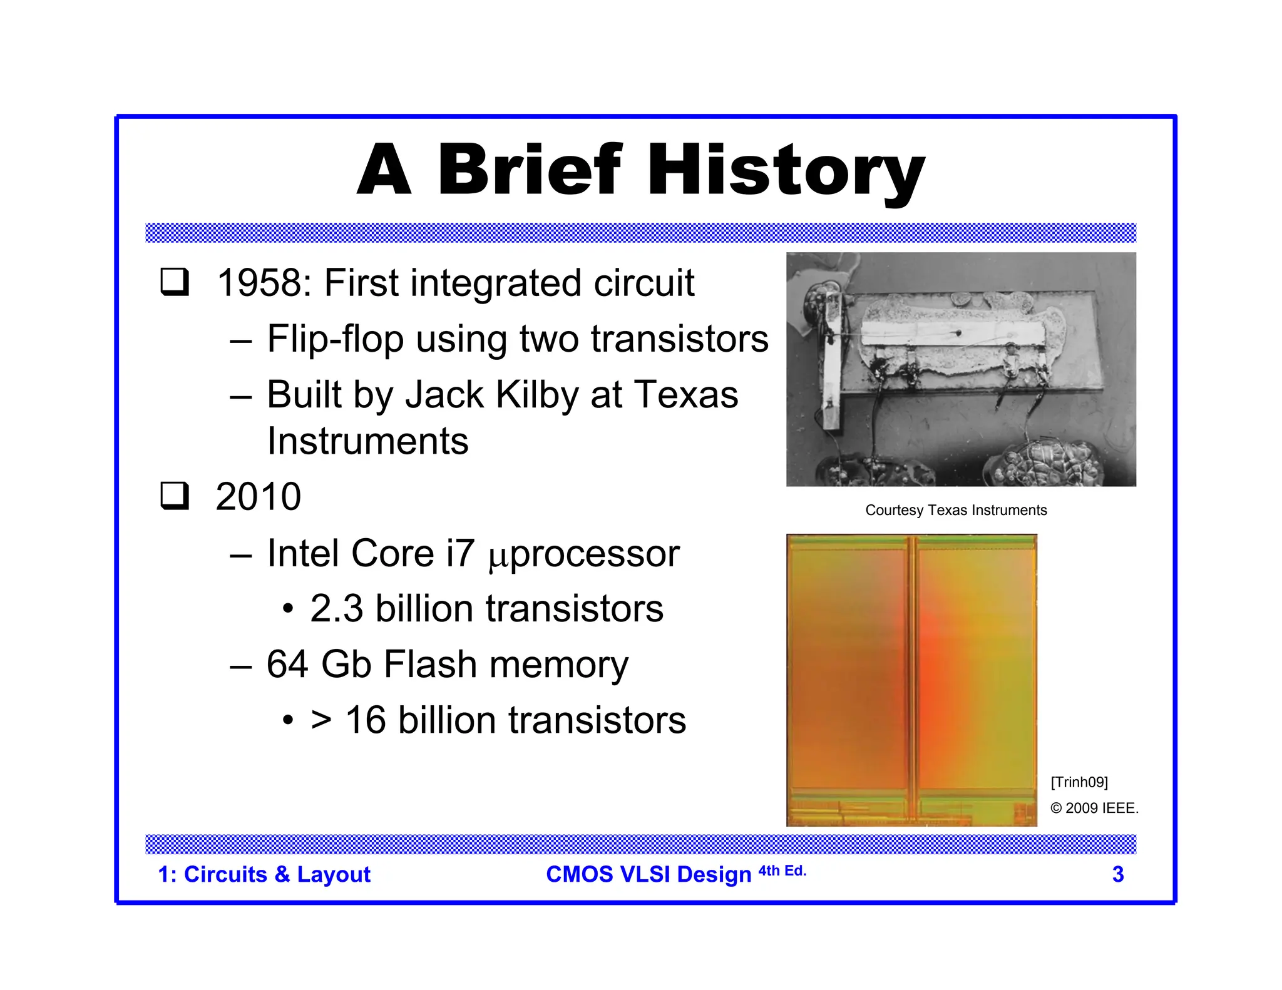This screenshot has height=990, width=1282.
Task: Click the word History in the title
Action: click(786, 170)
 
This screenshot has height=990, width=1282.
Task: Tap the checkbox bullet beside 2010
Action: click(175, 496)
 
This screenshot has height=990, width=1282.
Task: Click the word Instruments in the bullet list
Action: click(367, 441)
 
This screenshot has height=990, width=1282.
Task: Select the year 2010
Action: click(258, 497)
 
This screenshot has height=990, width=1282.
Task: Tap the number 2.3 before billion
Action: click(336, 609)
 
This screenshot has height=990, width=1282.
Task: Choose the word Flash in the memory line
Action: click(430, 664)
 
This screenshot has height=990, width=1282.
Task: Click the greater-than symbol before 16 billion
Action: click(320, 720)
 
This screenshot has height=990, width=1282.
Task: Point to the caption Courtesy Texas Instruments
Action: click(955, 510)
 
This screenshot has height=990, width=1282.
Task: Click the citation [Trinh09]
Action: click(1079, 782)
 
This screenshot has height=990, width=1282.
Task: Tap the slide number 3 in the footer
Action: click(1117, 874)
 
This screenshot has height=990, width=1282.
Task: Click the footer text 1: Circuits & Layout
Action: click(264, 874)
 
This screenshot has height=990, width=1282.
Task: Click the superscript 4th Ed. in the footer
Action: click(782, 870)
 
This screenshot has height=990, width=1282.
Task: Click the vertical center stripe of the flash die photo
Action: click(912, 679)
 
